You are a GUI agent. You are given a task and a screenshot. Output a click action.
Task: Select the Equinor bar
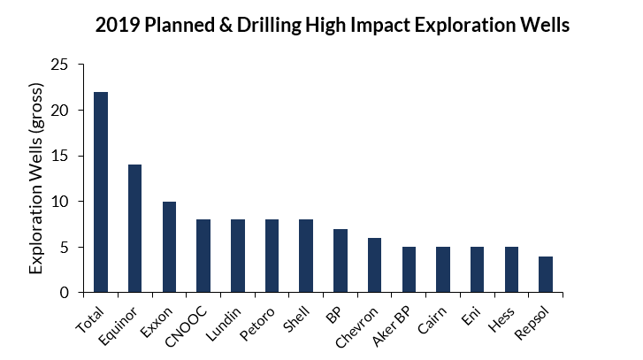pyautogui.click(x=134, y=228)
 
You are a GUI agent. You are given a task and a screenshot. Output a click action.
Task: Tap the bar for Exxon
pyautogui.click(x=169, y=247)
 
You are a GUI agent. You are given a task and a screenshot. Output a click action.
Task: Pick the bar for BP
pyautogui.click(x=340, y=260)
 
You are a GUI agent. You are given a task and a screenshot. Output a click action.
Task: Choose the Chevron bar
pyautogui.click(x=374, y=264)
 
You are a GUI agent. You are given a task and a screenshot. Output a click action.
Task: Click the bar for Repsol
pyautogui.click(x=546, y=274)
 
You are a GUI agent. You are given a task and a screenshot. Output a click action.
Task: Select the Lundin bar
pyautogui.click(x=237, y=256)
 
